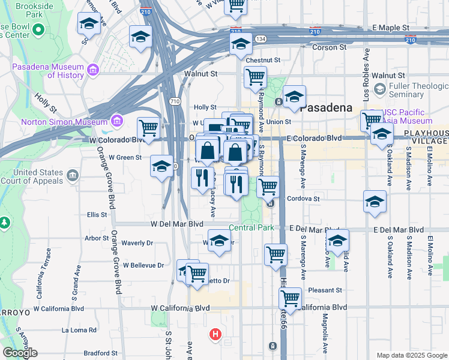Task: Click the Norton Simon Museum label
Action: coord(63,122)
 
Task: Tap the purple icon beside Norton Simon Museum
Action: coord(116,122)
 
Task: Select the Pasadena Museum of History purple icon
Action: coord(93,71)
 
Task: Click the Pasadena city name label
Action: coord(325,109)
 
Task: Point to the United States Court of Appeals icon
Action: coord(73,176)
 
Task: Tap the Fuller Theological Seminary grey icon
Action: coord(379,89)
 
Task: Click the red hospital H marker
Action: coord(215,334)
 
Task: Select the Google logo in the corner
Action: coord(20,353)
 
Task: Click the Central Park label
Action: coord(251,228)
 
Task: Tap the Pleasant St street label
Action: coord(325,290)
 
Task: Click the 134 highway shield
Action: coord(261,39)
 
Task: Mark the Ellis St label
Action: coord(97,214)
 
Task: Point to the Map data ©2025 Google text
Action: coord(411,355)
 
